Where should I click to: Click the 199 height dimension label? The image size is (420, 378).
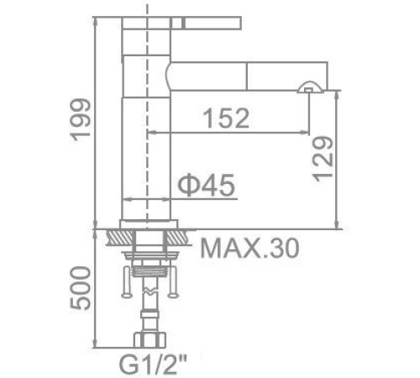78,118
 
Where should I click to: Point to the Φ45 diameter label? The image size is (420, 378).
205,184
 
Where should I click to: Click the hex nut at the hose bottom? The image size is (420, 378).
150,341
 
